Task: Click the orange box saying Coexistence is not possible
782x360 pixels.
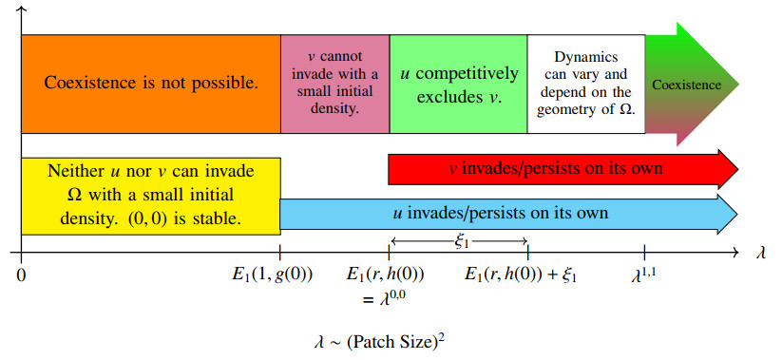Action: [151, 84]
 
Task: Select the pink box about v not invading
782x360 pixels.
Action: [334, 84]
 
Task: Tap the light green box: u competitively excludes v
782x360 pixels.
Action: [458, 84]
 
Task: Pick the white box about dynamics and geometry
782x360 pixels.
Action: [586, 84]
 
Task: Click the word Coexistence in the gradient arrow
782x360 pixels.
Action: [686, 85]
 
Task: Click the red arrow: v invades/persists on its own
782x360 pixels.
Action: [563, 169]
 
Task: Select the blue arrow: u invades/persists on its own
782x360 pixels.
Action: [508, 214]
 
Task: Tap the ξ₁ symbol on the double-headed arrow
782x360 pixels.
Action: [462, 242]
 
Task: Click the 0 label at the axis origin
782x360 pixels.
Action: [21, 275]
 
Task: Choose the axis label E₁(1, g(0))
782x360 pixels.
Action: [273, 275]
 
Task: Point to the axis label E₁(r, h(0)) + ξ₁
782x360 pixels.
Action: [521, 275]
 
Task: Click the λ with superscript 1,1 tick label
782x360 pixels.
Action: [643, 275]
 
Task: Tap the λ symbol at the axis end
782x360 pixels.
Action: [760, 253]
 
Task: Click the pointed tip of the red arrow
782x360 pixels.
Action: [738, 169]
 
